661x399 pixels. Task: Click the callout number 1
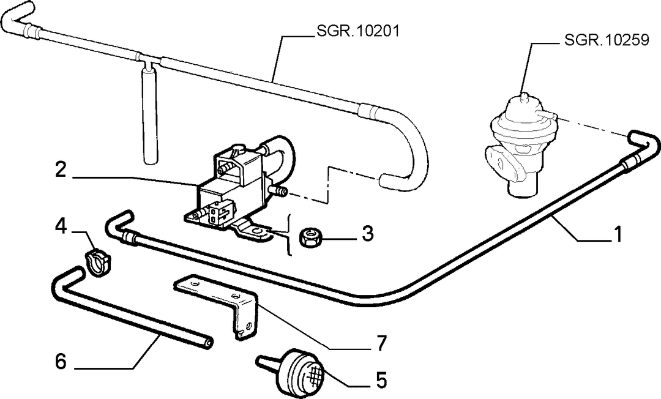click(617, 234)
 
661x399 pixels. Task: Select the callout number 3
click(368, 233)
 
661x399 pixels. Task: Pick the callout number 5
click(381, 381)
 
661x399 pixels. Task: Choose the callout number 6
click(61, 362)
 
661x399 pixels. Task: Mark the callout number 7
click(381, 343)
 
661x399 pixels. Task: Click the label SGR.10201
click(357, 31)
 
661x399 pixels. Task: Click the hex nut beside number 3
click(311, 237)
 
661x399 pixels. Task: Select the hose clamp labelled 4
click(97, 261)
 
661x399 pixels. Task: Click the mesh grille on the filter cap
click(313, 372)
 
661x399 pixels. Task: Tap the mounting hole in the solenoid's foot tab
click(256, 231)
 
